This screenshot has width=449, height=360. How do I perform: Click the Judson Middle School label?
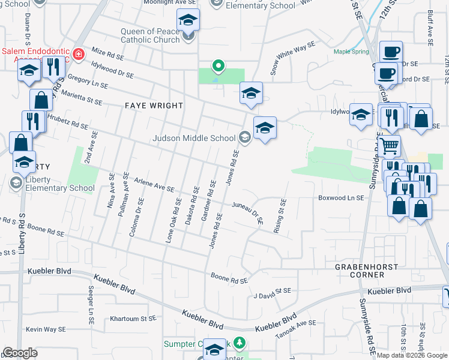point(194,138)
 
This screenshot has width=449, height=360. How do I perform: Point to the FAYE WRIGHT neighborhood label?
point(154,106)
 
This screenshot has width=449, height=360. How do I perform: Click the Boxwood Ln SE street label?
point(341,198)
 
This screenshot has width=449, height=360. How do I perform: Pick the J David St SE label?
point(272,292)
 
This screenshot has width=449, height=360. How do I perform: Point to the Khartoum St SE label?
point(134,319)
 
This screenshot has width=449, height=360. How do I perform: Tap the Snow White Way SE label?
point(292,58)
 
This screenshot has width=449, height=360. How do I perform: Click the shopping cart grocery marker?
point(390,145)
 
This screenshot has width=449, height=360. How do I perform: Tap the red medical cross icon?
point(78,56)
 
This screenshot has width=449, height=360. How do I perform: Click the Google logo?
point(20,353)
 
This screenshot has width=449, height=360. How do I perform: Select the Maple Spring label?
point(351,52)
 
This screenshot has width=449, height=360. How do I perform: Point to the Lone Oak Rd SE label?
point(173,220)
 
